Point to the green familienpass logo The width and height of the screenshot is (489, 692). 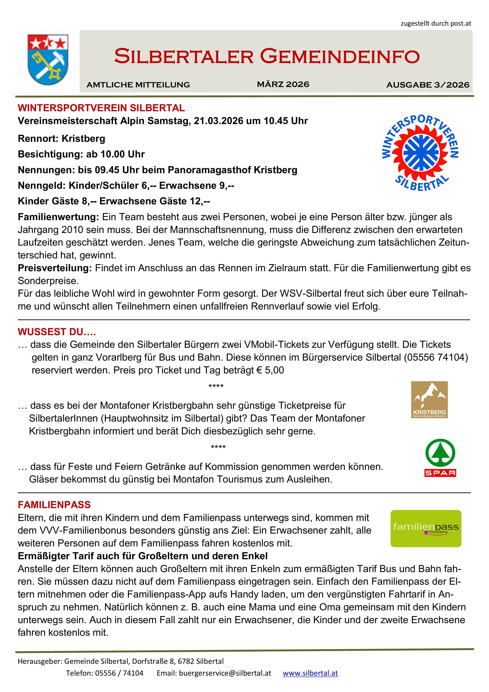point(426,528)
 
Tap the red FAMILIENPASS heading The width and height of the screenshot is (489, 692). point(54,505)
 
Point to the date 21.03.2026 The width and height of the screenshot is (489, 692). point(218,121)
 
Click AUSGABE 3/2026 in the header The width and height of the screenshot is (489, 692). point(428,85)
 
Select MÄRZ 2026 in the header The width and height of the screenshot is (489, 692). point(283,84)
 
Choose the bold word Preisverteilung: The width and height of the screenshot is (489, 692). point(55,268)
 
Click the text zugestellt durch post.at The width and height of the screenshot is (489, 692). point(436,23)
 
